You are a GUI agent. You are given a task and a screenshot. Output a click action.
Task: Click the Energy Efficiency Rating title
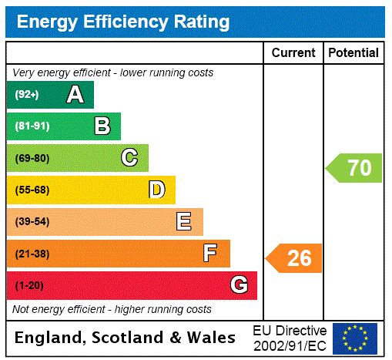123,22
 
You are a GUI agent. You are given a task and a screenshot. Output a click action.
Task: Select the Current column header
293,53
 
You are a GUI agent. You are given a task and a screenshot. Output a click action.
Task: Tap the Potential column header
353,53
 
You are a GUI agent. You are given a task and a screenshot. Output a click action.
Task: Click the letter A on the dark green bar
75,95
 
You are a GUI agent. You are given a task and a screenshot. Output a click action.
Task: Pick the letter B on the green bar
102,126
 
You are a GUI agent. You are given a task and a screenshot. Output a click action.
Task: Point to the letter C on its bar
129,158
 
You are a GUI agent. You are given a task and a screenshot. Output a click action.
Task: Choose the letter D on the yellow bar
156,190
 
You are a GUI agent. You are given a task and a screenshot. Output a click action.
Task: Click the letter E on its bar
184,222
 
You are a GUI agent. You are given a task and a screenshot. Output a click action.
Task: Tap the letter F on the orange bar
210,254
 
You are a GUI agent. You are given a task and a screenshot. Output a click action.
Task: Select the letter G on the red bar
239,285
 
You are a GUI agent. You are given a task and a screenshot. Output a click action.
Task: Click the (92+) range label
26,95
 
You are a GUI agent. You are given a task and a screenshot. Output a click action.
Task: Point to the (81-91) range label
32,126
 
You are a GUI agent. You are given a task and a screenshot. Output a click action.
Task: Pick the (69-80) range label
32,158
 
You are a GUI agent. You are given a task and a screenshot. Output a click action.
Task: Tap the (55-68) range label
32,190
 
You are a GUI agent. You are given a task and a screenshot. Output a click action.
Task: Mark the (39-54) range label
32,222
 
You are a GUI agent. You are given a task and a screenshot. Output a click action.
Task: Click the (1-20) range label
29,285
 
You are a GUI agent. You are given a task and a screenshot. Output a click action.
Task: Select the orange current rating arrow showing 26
294,258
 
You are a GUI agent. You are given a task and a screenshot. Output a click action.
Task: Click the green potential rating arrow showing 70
354,167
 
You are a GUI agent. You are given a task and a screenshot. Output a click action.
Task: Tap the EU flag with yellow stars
355,338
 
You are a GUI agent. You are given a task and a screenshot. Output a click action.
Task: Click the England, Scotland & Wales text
126,338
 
